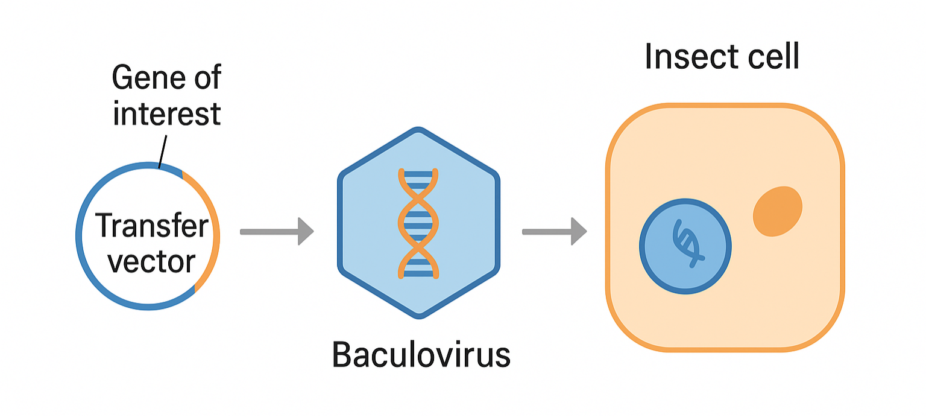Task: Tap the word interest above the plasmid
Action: click(x=167, y=114)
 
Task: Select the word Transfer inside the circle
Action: click(x=151, y=226)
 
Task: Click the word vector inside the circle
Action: click(x=151, y=262)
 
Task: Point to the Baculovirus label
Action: click(x=421, y=355)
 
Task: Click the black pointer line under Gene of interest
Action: click(x=162, y=151)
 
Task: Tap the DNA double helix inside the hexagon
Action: click(x=418, y=223)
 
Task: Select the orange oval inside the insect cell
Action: click(x=778, y=211)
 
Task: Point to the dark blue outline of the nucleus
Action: click(x=641, y=246)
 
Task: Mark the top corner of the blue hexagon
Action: click(x=418, y=130)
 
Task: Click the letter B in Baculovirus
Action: click(x=341, y=355)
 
